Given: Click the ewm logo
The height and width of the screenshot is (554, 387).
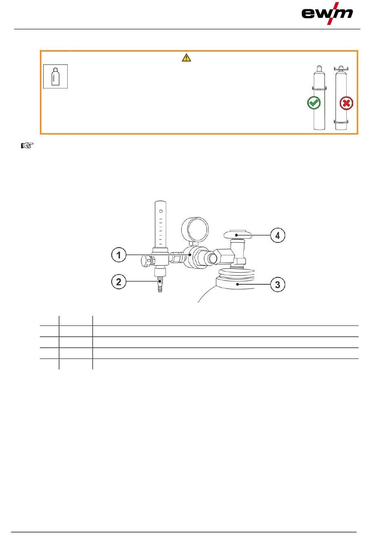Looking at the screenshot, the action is pyautogui.click(x=327, y=13).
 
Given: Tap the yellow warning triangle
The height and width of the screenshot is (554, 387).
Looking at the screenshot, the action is pyautogui.click(x=186, y=57).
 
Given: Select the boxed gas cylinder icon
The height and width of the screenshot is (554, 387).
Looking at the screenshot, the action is pyautogui.click(x=55, y=76).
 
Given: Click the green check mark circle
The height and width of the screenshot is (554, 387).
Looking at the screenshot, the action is pyautogui.click(x=314, y=103).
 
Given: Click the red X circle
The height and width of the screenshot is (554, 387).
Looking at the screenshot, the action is pyautogui.click(x=346, y=103).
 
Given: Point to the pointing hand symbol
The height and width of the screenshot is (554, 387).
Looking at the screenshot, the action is pyautogui.click(x=27, y=146).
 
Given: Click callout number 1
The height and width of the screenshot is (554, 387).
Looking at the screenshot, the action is pyautogui.click(x=119, y=255).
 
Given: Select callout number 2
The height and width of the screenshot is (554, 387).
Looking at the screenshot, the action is pyautogui.click(x=119, y=282).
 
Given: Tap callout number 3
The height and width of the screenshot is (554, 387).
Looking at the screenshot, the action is pyautogui.click(x=277, y=285).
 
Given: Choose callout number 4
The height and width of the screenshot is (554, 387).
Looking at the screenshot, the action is pyautogui.click(x=277, y=235).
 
